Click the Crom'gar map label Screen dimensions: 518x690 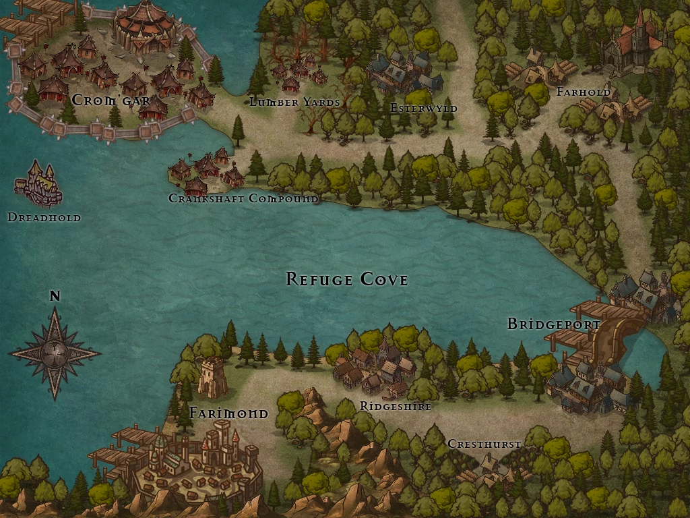[x=111, y=100]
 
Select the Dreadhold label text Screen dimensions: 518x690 [x=44, y=217]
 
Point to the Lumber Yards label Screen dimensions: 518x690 [x=294, y=102]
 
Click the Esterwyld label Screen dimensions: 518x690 [x=423, y=108]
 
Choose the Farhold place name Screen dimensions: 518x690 [x=584, y=92]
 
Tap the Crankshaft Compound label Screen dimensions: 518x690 [x=243, y=198]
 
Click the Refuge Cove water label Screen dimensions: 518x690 [x=346, y=279]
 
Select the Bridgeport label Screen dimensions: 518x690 [x=553, y=324]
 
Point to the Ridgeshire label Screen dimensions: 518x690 [x=395, y=406]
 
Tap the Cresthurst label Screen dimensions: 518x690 [x=484, y=444]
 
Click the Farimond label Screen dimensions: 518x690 [x=228, y=413]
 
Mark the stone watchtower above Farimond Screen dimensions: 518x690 [x=212, y=376]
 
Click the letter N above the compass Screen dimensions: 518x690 [x=55, y=295]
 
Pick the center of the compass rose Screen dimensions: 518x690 [x=55, y=351]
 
